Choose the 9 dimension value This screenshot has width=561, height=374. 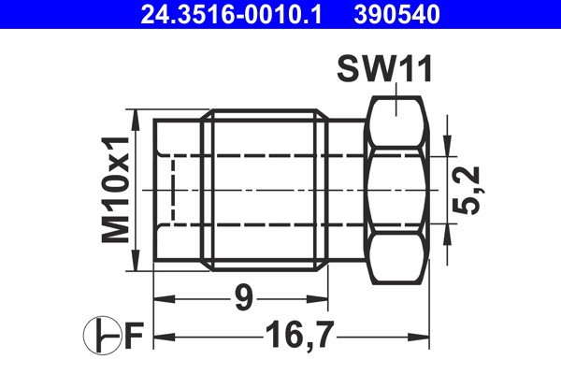pyautogui.click(x=241, y=300)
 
